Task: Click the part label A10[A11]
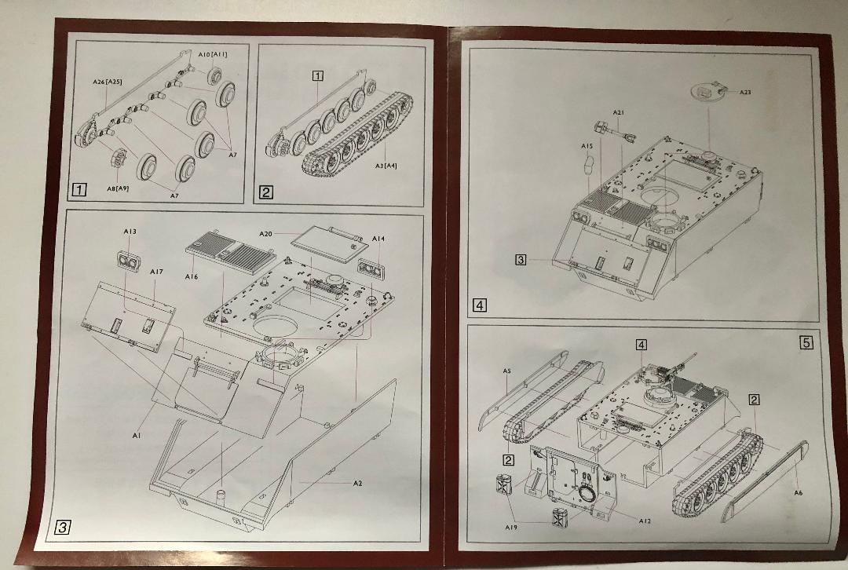(213, 54)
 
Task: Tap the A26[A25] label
(107, 82)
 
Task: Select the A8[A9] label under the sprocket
(117, 188)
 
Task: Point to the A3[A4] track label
(386, 166)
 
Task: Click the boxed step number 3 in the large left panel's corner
(62, 527)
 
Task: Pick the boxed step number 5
(806, 342)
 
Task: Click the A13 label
(130, 232)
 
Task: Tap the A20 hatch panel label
(265, 234)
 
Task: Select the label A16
(192, 277)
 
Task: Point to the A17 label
(156, 272)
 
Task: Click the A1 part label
(137, 435)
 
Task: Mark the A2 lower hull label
(357, 484)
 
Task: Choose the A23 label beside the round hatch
(745, 92)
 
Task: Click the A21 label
(619, 112)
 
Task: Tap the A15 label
(587, 146)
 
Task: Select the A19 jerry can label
(511, 527)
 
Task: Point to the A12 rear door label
(645, 521)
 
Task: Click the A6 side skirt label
(799, 493)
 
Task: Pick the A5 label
(506, 371)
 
